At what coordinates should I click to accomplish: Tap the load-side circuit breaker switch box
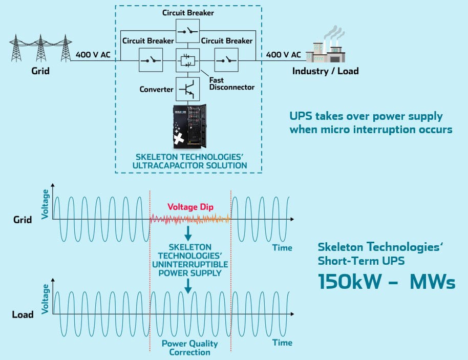pos(226,60)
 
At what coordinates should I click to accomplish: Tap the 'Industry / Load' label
pos(325,71)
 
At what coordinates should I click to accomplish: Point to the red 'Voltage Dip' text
pos(189,207)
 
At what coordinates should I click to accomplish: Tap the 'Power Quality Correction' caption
pos(190,348)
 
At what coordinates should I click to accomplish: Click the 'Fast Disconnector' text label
pos(231,83)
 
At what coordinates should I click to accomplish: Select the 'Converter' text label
pos(156,89)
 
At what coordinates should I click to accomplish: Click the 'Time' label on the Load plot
pos(282,342)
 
